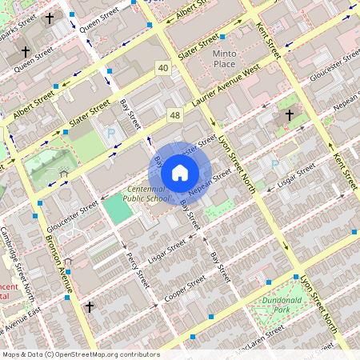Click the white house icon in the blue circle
coord(180,172)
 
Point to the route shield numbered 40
coord(163,69)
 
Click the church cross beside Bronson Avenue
coord(90,306)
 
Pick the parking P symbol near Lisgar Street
coord(274,164)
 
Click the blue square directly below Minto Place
coord(222,37)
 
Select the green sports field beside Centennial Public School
coord(117,210)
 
